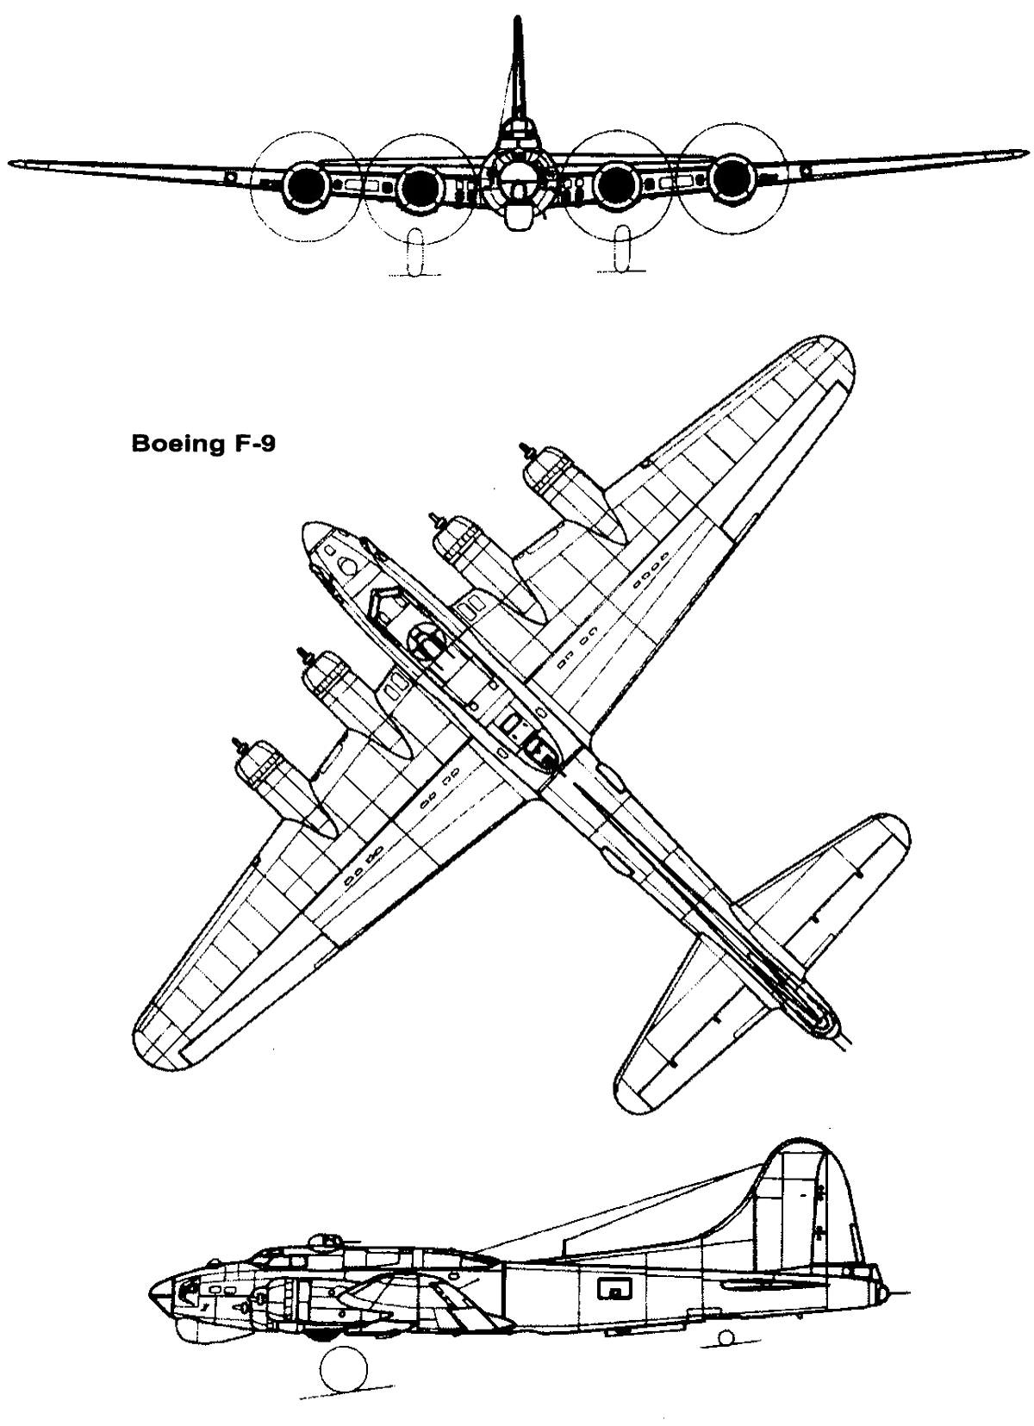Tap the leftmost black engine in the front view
pyautogui.click(x=308, y=184)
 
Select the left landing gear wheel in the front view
pyautogui.click(x=416, y=252)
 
